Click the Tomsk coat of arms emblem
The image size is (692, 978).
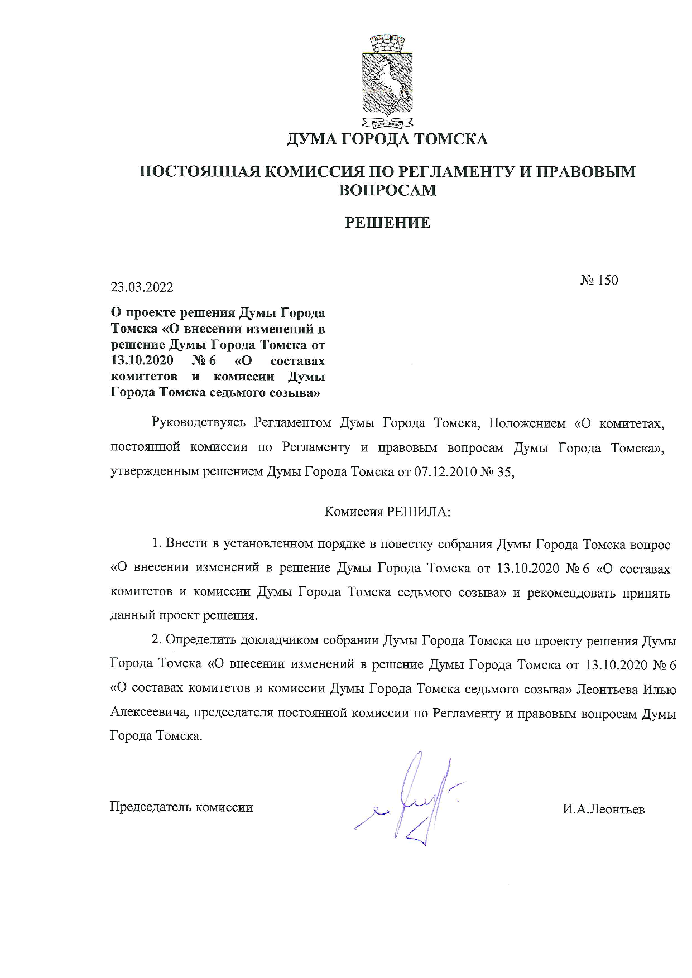(x=387, y=81)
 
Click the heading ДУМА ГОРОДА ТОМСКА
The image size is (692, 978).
(x=387, y=139)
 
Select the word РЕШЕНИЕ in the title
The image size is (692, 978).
(x=388, y=223)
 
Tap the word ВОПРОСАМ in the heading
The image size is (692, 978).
(x=388, y=190)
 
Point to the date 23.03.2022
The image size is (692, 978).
(x=142, y=287)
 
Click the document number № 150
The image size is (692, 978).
(x=599, y=280)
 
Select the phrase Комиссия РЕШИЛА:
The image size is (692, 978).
(x=387, y=512)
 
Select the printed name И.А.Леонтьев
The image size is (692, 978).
(x=603, y=809)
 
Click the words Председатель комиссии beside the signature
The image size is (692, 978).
(x=181, y=807)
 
